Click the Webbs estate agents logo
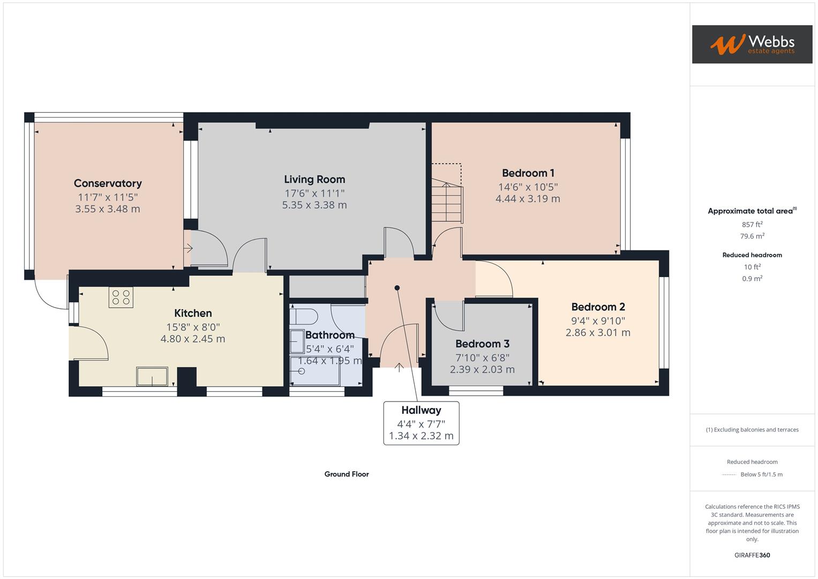752,44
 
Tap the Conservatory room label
108,183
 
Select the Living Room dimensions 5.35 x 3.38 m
314,205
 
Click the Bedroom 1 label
528,173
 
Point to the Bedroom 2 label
598,307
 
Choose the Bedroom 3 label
482,344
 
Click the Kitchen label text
193,313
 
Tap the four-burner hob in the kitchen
121,298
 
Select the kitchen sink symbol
152,376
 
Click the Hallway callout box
421,423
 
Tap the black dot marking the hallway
397,288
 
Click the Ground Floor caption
347,474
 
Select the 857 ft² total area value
752,225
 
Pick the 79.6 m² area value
752,236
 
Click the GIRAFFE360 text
752,555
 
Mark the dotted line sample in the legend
729,474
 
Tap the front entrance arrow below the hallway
399,367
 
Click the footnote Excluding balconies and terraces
752,429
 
